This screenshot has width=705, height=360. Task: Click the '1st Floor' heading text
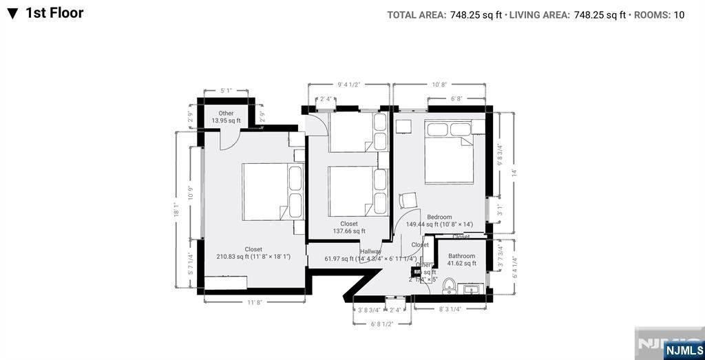[54, 13]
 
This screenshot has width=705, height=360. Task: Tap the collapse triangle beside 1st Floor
[12, 14]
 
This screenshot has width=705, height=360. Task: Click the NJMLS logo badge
[684, 350]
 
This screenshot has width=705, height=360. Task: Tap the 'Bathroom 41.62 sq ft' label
[461, 260]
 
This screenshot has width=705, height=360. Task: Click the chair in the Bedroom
[408, 200]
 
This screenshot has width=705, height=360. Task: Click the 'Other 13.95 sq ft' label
[226, 117]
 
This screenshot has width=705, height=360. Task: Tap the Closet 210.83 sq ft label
[253, 253]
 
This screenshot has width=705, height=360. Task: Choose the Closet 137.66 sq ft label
[349, 227]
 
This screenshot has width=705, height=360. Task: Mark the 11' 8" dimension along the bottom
[255, 302]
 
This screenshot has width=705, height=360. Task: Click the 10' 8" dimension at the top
[439, 84]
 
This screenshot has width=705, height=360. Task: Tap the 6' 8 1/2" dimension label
[381, 324]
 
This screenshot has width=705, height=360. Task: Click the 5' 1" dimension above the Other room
[226, 91]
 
